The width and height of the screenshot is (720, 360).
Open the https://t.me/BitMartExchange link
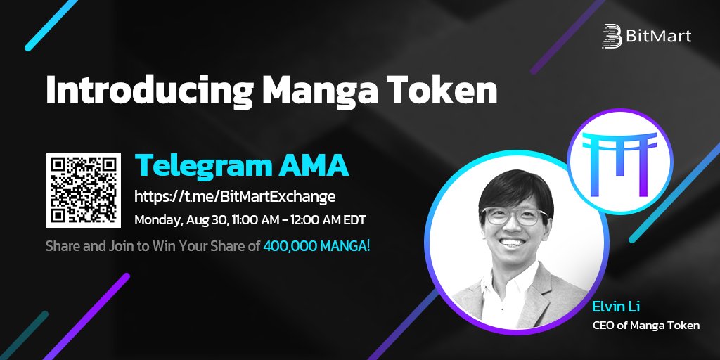click(x=235, y=195)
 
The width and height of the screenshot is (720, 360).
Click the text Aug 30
click(x=208, y=220)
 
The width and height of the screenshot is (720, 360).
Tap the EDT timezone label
click(x=352, y=220)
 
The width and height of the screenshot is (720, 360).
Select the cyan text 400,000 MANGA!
click(x=316, y=247)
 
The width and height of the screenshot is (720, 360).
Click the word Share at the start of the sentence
click(x=61, y=247)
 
